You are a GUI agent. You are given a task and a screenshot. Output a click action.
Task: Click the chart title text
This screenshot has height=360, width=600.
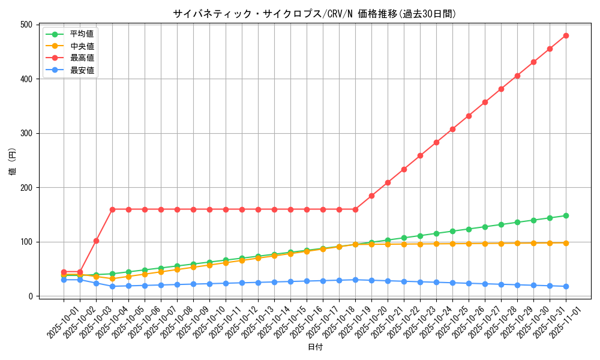pyautogui.click(x=314, y=13)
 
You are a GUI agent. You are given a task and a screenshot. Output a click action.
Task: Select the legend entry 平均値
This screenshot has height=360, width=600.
pyautogui.click(x=82, y=34)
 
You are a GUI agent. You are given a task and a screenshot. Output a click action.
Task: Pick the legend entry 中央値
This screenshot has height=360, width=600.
pyautogui.click(x=82, y=46)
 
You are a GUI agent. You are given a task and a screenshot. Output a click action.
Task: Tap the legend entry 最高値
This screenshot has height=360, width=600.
pyautogui.click(x=82, y=58)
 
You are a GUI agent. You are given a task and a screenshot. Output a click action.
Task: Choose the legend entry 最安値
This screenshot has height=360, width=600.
pyautogui.click(x=82, y=70)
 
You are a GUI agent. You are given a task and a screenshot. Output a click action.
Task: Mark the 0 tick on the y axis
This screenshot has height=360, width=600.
pyautogui.click(x=29, y=296)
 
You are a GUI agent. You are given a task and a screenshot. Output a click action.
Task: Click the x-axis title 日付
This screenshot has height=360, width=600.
pyautogui.click(x=315, y=347)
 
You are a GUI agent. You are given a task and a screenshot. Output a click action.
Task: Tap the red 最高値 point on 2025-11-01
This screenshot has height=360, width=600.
pyautogui.click(x=566, y=35)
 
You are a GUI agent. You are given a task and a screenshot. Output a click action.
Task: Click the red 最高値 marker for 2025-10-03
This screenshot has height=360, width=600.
pyautogui.click(x=96, y=241)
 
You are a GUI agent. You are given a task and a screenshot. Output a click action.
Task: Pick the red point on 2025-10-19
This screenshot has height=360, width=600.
pyautogui.click(x=355, y=209)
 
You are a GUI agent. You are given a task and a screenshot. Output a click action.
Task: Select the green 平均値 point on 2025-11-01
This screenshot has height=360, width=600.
pyautogui.click(x=566, y=215)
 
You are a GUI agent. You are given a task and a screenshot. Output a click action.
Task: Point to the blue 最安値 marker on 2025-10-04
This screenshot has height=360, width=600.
pyautogui.click(x=112, y=286)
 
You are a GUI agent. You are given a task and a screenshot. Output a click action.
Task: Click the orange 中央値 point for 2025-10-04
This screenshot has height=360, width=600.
pyautogui.click(x=112, y=278)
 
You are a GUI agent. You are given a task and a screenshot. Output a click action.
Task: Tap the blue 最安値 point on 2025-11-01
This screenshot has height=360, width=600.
pyautogui.click(x=566, y=286)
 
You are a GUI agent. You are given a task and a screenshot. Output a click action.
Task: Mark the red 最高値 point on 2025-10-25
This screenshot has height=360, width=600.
pyautogui.click(x=452, y=129)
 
